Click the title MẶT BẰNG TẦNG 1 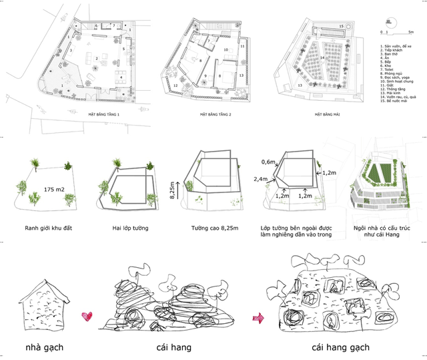click(103, 115)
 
